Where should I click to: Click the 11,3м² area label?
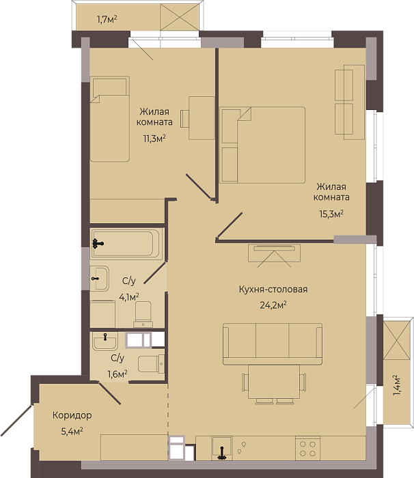154,139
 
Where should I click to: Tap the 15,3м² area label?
331,214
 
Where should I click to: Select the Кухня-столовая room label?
273,289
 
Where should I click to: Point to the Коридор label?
72,415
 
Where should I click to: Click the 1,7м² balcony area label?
107,20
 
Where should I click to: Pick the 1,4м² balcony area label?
396,385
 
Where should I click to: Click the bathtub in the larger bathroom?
126,243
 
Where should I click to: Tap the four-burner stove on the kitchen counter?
307,448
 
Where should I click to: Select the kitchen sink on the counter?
222,448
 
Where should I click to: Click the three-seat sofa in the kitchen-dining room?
273,344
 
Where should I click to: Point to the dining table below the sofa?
274,382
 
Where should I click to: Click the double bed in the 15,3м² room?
262,145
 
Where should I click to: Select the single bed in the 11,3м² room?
109,119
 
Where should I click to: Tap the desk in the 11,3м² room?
202,118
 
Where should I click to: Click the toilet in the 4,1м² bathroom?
143,314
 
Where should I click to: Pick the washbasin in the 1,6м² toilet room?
105,341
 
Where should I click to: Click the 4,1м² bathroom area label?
129,296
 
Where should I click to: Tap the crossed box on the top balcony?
180,17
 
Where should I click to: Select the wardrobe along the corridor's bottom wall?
134,447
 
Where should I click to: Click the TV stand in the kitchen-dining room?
274,253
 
